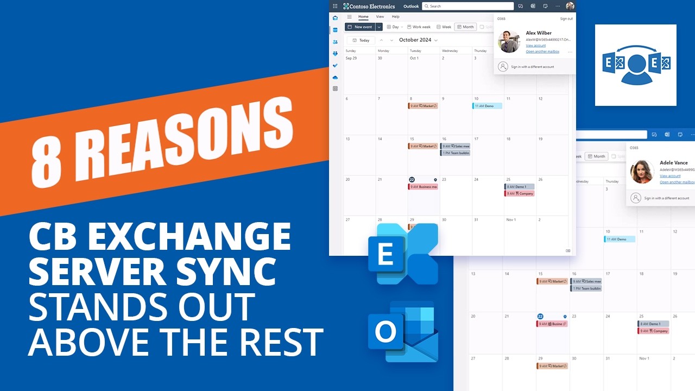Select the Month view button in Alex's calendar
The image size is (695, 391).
coord(465,27)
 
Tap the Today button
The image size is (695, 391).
coord(361,40)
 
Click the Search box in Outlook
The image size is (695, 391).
coord(467,6)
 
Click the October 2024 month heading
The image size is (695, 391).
coord(415,40)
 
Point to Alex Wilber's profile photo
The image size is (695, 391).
coord(509,42)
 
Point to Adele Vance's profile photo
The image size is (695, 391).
coord(641,172)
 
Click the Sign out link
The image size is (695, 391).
coord(566,18)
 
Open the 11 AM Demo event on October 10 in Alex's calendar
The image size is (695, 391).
coord(487,106)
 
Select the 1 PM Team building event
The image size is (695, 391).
coord(455,153)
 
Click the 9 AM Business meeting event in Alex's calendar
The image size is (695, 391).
coord(423,187)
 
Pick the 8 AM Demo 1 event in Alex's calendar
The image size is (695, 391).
coord(519,187)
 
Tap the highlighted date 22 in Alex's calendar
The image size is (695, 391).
coord(412,180)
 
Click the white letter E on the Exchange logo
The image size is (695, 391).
coord(385,254)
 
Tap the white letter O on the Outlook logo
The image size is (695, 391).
coord(385,331)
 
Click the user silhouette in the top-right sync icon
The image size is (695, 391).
coord(636,70)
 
